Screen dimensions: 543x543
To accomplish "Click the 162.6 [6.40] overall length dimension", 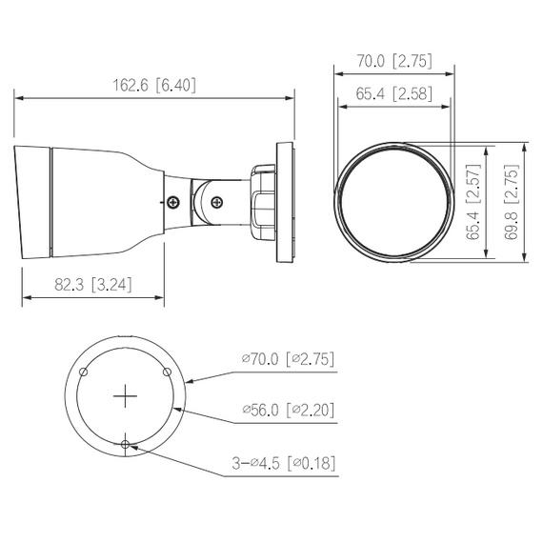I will [153, 85].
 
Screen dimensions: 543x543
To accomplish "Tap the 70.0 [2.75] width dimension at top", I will [393, 61].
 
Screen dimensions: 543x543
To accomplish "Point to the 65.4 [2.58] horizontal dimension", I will [393, 92].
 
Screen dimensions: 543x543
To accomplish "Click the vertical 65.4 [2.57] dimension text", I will [473, 201].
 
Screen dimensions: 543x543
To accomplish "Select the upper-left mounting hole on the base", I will [84, 372].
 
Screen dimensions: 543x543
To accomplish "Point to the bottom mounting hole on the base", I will [126, 443].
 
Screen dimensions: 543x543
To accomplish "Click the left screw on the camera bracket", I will [173, 202].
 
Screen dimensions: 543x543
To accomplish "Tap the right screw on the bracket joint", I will [217, 201].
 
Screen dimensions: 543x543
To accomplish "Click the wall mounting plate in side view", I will [285, 201].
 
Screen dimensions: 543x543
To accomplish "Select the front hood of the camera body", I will [33, 201].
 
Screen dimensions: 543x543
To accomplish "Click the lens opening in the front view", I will [393, 201].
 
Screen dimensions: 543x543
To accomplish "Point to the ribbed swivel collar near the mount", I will [259, 201].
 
